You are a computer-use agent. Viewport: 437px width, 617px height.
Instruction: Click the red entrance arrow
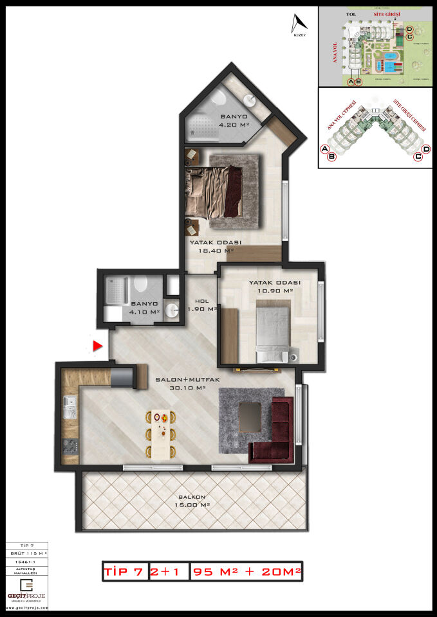(98, 346)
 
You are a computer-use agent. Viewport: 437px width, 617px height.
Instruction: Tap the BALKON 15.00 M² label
(192, 501)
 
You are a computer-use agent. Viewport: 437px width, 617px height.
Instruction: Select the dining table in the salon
(164, 434)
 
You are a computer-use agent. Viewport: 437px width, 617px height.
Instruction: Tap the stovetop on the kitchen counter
(70, 444)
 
